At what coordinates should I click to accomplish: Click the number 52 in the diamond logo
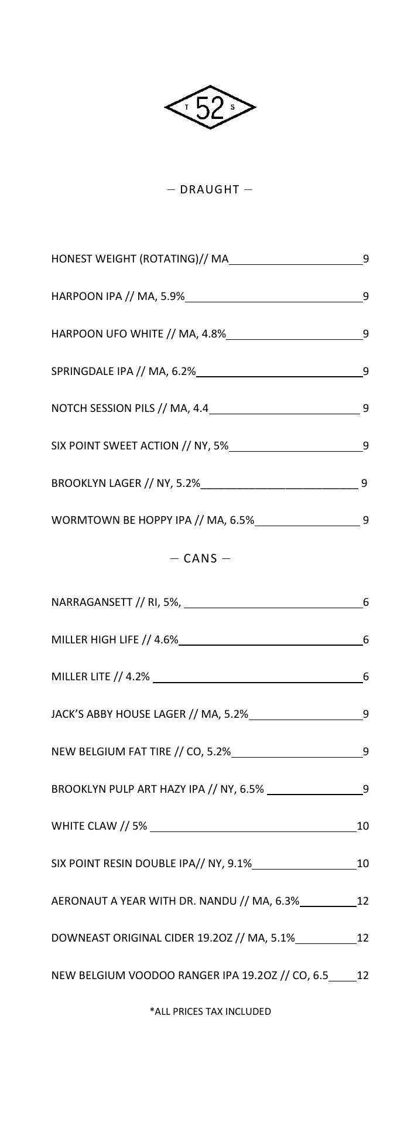[210, 108]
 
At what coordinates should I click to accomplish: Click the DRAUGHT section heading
[210, 189]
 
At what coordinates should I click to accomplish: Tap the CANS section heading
[200, 558]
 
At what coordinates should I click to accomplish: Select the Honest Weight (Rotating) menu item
[140, 259]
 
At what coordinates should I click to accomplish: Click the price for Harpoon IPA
[365, 296]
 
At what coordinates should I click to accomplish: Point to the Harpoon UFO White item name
[139, 334]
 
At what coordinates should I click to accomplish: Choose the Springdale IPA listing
[124, 371]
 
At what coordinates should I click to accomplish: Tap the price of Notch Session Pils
[365, 408]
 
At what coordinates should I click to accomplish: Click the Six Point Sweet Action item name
[140, 446]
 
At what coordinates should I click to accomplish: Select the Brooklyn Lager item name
[126, 483]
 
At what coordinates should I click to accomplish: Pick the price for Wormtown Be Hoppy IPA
[365, 520]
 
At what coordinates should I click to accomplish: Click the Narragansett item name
[116, 602]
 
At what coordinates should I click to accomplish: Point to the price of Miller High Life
[365, 640]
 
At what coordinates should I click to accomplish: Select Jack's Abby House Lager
[150, 714]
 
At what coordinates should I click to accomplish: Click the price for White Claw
[362, 826]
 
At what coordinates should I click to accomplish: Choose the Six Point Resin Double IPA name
[152, 864]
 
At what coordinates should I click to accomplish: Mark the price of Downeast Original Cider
[362, 938]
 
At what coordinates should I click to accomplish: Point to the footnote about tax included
[210, 1011]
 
